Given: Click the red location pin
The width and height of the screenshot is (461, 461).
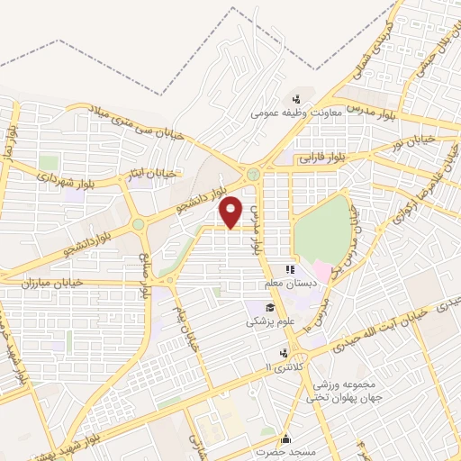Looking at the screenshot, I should coord(232,212).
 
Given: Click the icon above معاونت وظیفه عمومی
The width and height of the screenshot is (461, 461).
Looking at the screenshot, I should coord(295,99).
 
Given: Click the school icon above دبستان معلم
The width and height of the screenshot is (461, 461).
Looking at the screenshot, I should coord(290,268).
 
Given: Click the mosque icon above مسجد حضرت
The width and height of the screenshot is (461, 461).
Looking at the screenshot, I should coord(285,438).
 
